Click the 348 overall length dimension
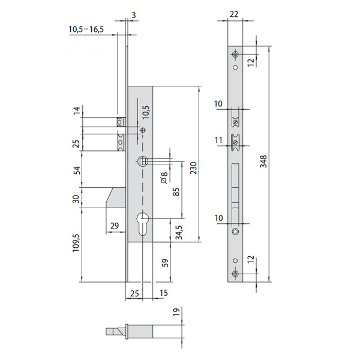coord(263,161)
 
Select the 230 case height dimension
coord(194,168)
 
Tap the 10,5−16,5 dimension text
coord(86,29)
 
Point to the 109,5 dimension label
coord(76,243)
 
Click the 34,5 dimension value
coord(179,232)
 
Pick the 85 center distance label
coord(176,192)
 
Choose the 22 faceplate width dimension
coord(234,14)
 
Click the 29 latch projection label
coord(115,226)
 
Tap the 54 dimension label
coord(77,170)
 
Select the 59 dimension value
coord(165,263)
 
